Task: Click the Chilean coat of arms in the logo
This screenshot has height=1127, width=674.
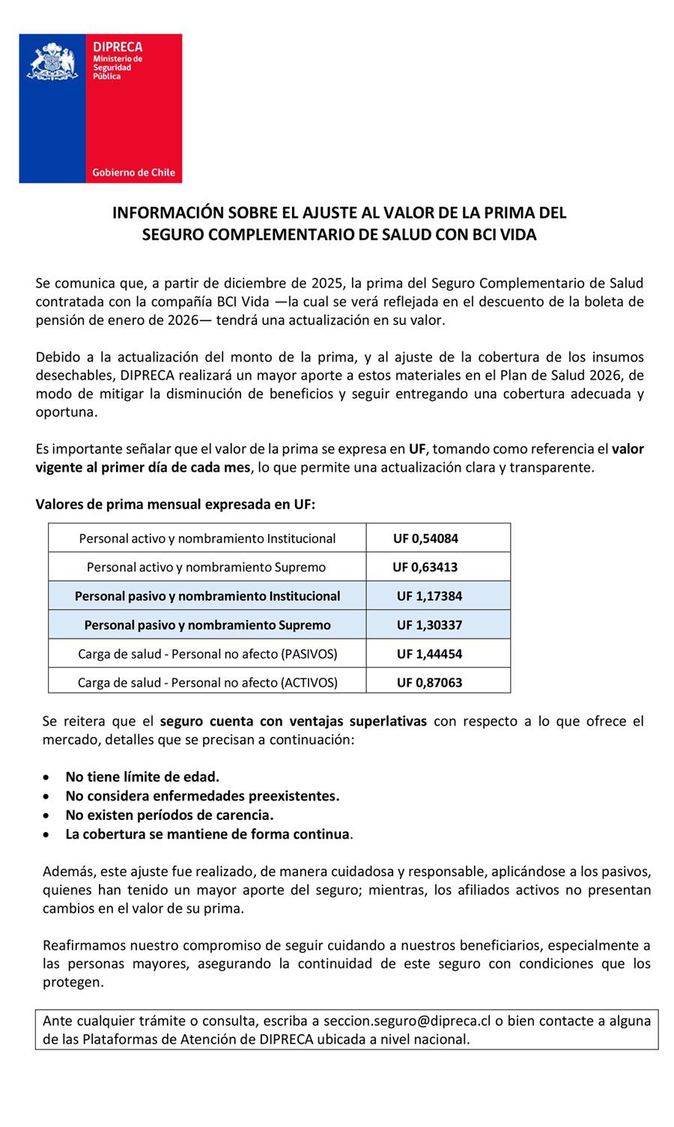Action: click(52, 61)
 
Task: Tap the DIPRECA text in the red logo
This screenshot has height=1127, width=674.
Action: click(118, 46)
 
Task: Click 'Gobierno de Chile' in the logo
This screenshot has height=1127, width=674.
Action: click(133, 172)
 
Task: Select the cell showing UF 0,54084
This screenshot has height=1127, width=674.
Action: click(425, 538)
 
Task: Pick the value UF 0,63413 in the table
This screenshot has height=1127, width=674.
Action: click(425, 567)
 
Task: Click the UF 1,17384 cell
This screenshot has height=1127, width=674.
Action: click(429, 596)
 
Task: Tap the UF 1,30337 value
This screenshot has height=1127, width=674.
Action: click(429, 625)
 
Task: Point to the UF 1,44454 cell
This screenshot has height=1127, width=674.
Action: click(429, 654)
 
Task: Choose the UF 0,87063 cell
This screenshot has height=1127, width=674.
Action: click(429, 682)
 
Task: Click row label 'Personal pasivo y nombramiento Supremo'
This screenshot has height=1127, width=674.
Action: click(207, 625)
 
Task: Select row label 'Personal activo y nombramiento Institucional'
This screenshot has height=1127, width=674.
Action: click(207, 538)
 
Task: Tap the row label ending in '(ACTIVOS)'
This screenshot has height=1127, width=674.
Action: click(207, 682)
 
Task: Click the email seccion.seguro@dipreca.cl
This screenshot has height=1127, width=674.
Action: click(407, 1021)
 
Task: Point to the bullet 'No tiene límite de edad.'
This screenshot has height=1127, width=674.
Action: click(142, 777)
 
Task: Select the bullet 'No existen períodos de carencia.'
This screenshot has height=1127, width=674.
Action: click(169, 815)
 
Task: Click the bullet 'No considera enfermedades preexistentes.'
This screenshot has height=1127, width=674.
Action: click(202, 796)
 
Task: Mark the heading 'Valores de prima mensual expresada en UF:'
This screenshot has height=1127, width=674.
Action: click(175, 504)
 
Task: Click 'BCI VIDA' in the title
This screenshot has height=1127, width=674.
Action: click(503, 234)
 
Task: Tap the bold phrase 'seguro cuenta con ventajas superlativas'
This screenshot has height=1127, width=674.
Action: click(294, 721)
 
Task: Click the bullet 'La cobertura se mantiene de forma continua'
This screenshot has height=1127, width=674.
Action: click(207, 834)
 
